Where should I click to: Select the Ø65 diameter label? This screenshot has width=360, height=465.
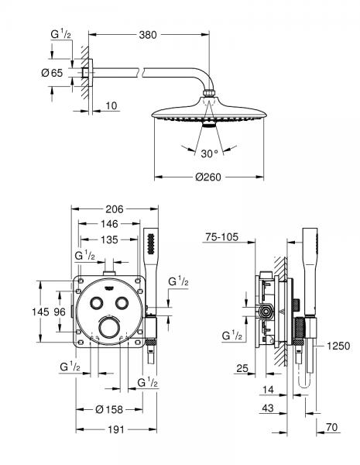[x=63, y=71]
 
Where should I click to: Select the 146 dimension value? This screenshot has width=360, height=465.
[x=109, y=226]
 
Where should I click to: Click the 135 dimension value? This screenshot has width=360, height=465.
[x=109, y=240]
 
